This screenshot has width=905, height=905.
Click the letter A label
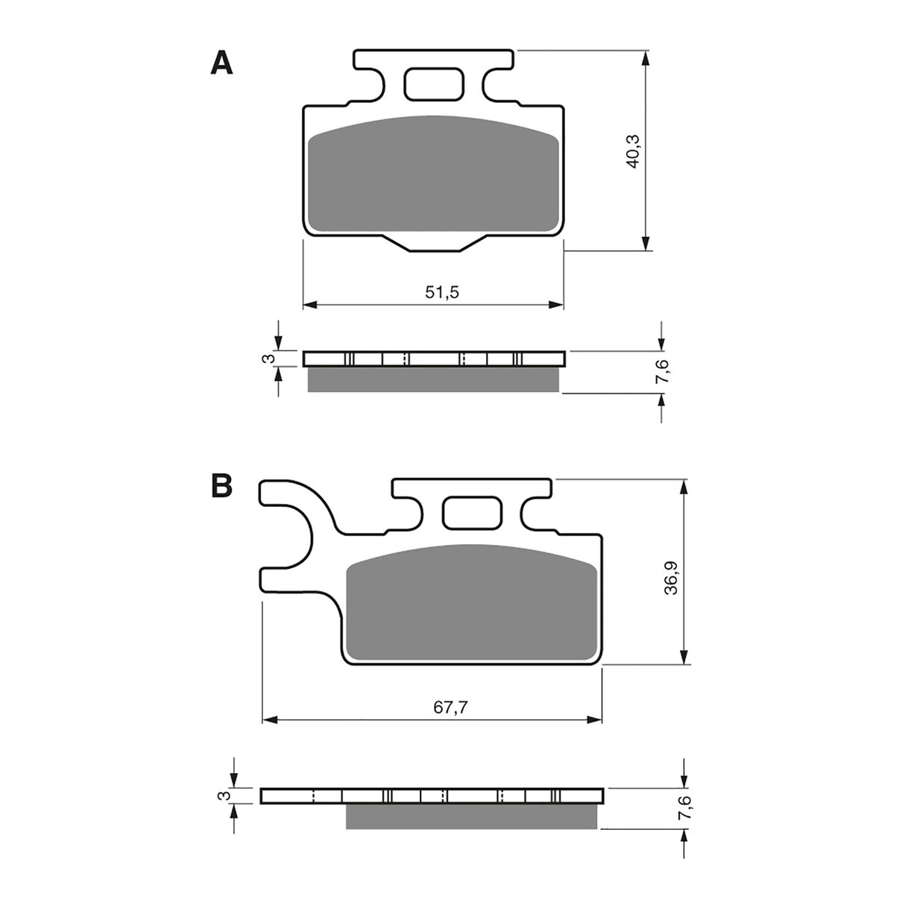click(221, 63)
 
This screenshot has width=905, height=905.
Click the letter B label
click(221, 485)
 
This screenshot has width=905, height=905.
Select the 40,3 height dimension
click(634, 151)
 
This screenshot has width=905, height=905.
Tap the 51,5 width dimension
click(442, 292)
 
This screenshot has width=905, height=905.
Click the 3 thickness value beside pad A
click(271, 359)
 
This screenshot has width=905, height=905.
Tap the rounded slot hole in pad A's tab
click(433, 84)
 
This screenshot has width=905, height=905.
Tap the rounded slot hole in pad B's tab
click(472, 513)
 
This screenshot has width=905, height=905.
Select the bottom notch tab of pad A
click(433, 243)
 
